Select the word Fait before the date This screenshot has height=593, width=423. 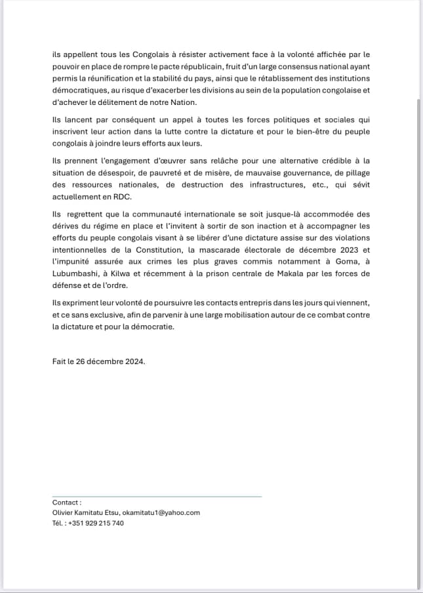60,361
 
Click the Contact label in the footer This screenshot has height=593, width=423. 67,502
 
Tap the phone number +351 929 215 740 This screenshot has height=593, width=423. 95,523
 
